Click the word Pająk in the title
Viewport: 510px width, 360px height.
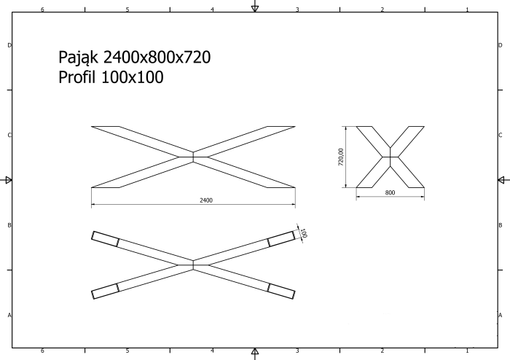pyautogui.click(x=79, y=57)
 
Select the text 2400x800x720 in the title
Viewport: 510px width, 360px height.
pyautogui.click(x=157, y=57)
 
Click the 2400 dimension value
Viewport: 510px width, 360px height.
pyautogui.click(x=205, y=200)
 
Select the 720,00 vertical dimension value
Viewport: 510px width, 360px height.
pyautogui.click(x=340, y=157)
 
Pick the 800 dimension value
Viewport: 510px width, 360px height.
pyautogui.click(x=390, y=192)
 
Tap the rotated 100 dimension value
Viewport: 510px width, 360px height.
pyautogui.click(x=304, y=233)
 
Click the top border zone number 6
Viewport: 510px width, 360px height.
pyautogui.click(x=42, y=10)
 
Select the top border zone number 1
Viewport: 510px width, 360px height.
pyautogui.click(x=467, y=10)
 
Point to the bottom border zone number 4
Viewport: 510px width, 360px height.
pyautogui.click(x=212, y=351)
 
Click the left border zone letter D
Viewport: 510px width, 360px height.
pyautogui.click(x=9, y=45)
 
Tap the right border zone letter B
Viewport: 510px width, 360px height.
pyautogui.click(x=500, y=225)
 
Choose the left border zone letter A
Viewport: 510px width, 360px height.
pyautogui.click(x=9, y=315)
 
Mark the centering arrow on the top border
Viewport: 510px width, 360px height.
pyautogui.click(x=254, y=8)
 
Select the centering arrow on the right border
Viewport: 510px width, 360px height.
pyautogui.click(x=501, y=180)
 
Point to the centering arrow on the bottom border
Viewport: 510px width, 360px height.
pyautogui.click(x=254, y=353)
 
